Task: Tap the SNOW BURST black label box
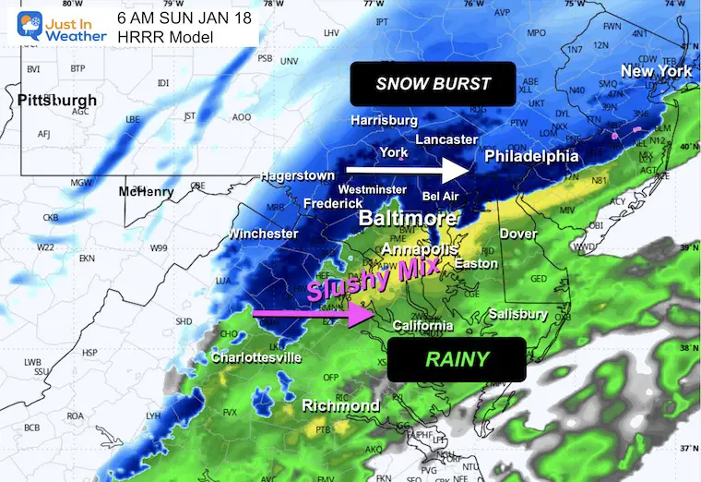[x=433, y=84]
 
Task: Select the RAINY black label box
[x=457, y=359]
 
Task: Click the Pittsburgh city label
[x=56, y=99]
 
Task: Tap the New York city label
[x=655, y=71]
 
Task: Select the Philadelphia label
[x=532, y=157]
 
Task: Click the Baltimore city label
[x=408, y=219]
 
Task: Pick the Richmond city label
[x=341, y=406]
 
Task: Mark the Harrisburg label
[x=384, y=121]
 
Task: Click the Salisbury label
[x=518, y=315]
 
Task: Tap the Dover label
[x=517, y=234]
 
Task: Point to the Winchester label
[x=264, y=234]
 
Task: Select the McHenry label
[x=146, y=192]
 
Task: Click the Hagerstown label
[x=296, y=175]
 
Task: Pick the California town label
[x=422, y=325]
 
